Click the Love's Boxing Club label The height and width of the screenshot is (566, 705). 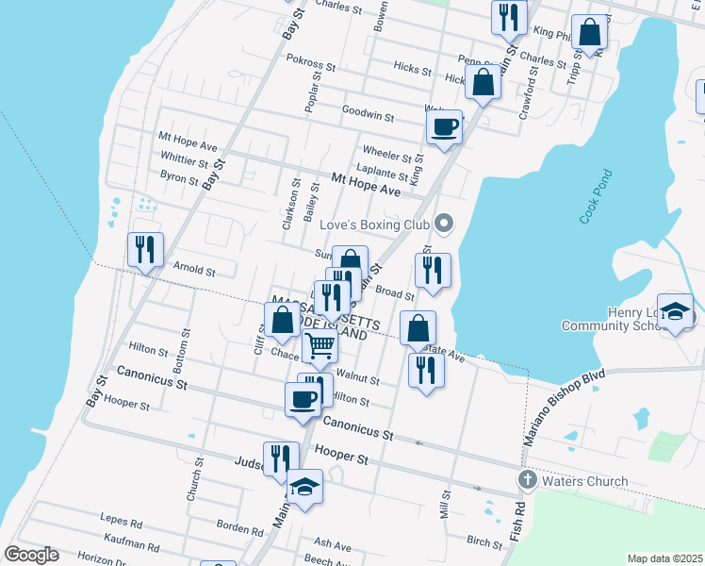click(x=374, y=225)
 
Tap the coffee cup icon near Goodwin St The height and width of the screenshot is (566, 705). click(x=445, y=127)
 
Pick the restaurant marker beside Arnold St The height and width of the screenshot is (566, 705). click(x=145, y=250)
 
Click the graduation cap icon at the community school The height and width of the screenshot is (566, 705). click(x=676, y=312)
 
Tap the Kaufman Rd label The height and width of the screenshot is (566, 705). click(x=126, y=545)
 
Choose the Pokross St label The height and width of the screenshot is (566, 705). click(x=311, y=62)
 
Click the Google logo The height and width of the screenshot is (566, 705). click(x=30, y=555)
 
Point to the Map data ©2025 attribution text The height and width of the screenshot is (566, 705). click(x=664, y=558)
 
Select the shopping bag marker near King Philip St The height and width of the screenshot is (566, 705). click(x=589, y=33)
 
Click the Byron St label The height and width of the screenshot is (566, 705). click(x=179, y=177)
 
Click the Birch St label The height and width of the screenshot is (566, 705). click(x=484, y=541)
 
